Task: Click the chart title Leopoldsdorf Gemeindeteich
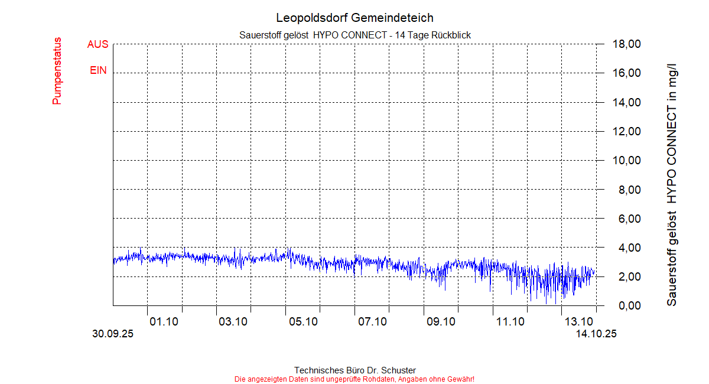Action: pos(354,18)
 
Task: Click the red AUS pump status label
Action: pos(97,44)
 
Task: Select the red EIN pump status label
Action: pos(98,70)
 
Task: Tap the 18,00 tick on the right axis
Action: pos(626,44)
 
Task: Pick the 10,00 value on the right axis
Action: pos(626,161)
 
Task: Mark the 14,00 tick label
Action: pos(626,102)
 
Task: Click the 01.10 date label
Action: pos(164,321)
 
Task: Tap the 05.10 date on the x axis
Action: pos(303,321)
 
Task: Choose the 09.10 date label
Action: pos(441,321)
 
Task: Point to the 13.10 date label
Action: pos(579,321)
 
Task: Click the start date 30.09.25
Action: pos(113,334)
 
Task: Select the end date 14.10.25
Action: pos(596,334)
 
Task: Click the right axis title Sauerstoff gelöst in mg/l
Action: pos(672,177)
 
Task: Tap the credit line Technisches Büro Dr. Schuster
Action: pos(354,370)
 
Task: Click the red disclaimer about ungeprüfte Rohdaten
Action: pos(354,379)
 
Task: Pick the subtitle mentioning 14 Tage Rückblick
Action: pos(354,35)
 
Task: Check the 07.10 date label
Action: pos(372,321)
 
